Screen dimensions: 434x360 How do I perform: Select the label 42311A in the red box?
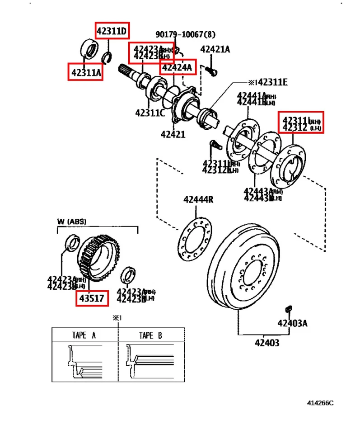pyautogui.click(x=85, y=71)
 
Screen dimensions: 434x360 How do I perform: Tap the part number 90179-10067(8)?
pyautogui.click(x=186, y=35)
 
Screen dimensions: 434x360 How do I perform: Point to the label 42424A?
pyautogui.click(x=178, y=68)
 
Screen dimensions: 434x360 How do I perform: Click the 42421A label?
pyautogui.click(x=215, y=50)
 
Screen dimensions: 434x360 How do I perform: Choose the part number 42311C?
pyautogui.click(x=150, y=113)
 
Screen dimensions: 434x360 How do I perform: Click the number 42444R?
pyautogui.click(x=198, y=199)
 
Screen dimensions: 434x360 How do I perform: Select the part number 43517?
pyautogui.click(x=92, y=298)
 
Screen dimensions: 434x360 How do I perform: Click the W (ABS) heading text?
pyautogui.click(x=72, y=222)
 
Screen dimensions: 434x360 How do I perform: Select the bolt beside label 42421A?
pyautogui.click(x=211, y=70)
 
